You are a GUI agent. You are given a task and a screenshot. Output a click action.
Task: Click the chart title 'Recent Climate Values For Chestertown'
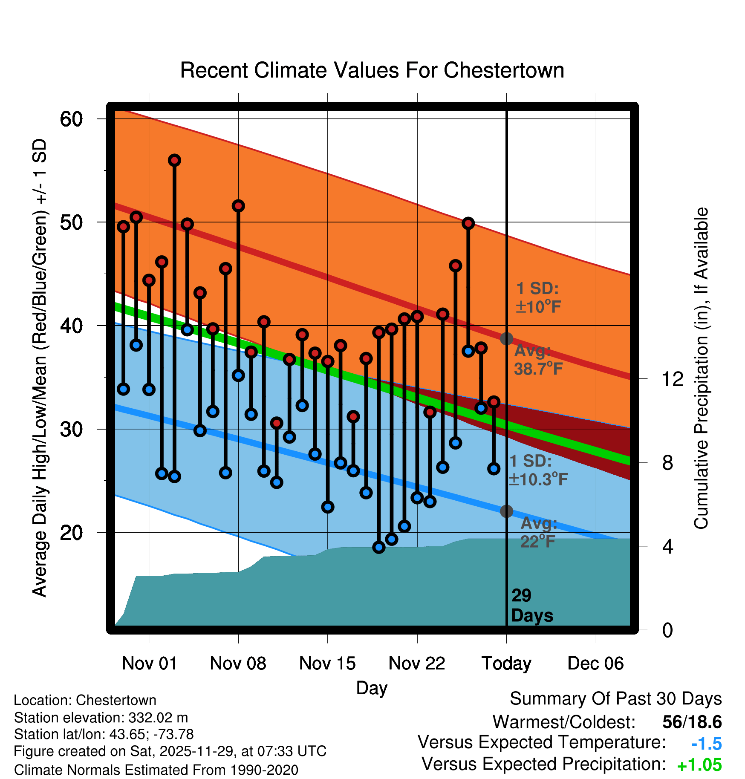372,70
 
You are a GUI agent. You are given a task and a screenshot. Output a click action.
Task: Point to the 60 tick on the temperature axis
71,119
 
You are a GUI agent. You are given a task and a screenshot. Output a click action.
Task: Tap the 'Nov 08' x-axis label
238,663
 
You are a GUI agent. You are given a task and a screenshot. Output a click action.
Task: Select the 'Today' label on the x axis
506,663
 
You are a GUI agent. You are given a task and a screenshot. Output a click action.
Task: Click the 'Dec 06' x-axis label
595,663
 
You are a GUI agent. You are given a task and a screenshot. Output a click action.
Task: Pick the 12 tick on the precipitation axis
672,379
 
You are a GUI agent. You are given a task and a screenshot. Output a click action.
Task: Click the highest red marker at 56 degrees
174,160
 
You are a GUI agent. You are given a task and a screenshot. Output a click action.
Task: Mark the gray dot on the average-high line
506,339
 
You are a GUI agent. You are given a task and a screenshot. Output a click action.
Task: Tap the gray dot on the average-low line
506,511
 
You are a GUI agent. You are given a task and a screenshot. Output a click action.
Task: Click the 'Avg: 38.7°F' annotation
538,360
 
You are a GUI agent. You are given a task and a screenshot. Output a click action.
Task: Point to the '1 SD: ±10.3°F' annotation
538,470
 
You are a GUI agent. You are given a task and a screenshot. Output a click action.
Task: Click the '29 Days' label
531,606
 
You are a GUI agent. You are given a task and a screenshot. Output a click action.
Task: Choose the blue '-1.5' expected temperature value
706,744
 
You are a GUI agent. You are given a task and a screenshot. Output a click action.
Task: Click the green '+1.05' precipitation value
699,765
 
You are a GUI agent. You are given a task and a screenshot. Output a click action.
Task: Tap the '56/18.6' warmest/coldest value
692,722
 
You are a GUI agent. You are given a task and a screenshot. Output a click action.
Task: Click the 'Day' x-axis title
372,688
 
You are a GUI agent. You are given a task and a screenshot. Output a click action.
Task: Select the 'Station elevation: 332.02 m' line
101,718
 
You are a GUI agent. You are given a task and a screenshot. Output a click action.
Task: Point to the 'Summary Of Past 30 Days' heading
615,699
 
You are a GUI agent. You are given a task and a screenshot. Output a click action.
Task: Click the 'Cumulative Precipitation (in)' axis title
701,368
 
